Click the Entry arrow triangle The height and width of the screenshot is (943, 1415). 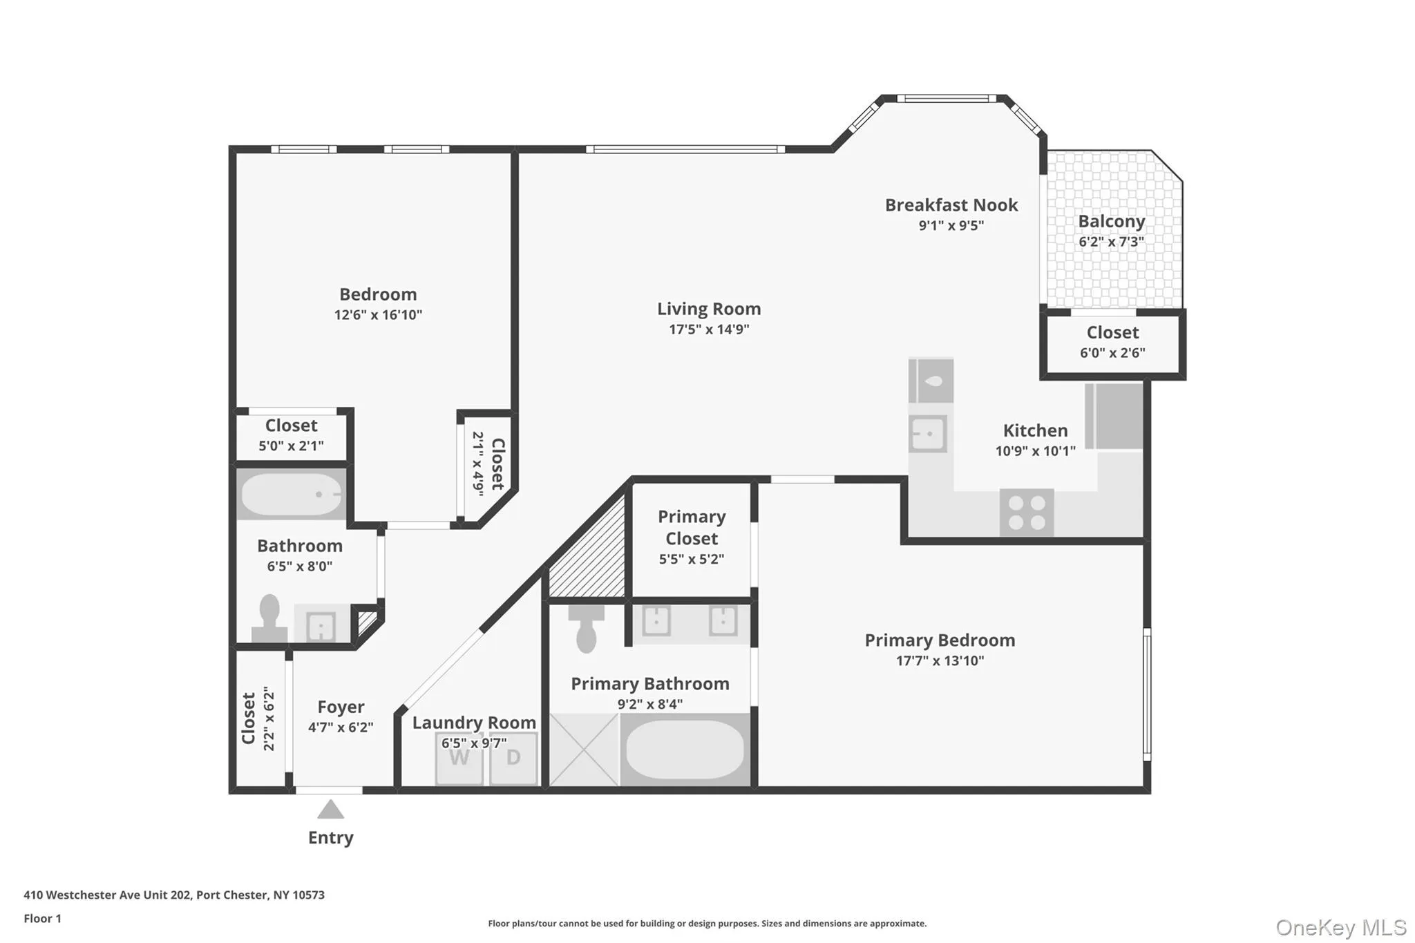click(330, 810)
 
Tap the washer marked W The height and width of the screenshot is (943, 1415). click(459, 759)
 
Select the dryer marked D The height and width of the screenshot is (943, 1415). click(513, 759)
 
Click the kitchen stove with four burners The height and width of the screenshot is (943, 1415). click(1027, 513)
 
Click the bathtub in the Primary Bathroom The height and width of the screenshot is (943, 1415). click(684, 750)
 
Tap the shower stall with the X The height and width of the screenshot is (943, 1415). click(584, 750)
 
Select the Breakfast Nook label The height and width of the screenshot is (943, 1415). click(951, 205)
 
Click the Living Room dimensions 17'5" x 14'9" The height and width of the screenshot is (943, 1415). click(709, 330)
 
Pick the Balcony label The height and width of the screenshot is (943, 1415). click(1111, 222)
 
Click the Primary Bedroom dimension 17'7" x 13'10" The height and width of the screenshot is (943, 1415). click(940, 660)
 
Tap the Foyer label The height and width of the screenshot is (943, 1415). click(341, 707)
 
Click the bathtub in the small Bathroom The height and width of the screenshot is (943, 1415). click(291, 494)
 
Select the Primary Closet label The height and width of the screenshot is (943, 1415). click(691, 528)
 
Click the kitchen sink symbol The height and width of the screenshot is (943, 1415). click(927, 434)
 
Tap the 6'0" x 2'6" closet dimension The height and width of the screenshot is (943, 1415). click(1112, 353)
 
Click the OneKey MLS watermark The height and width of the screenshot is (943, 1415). click(1340, 927)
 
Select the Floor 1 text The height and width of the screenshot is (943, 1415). click(42, 919)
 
